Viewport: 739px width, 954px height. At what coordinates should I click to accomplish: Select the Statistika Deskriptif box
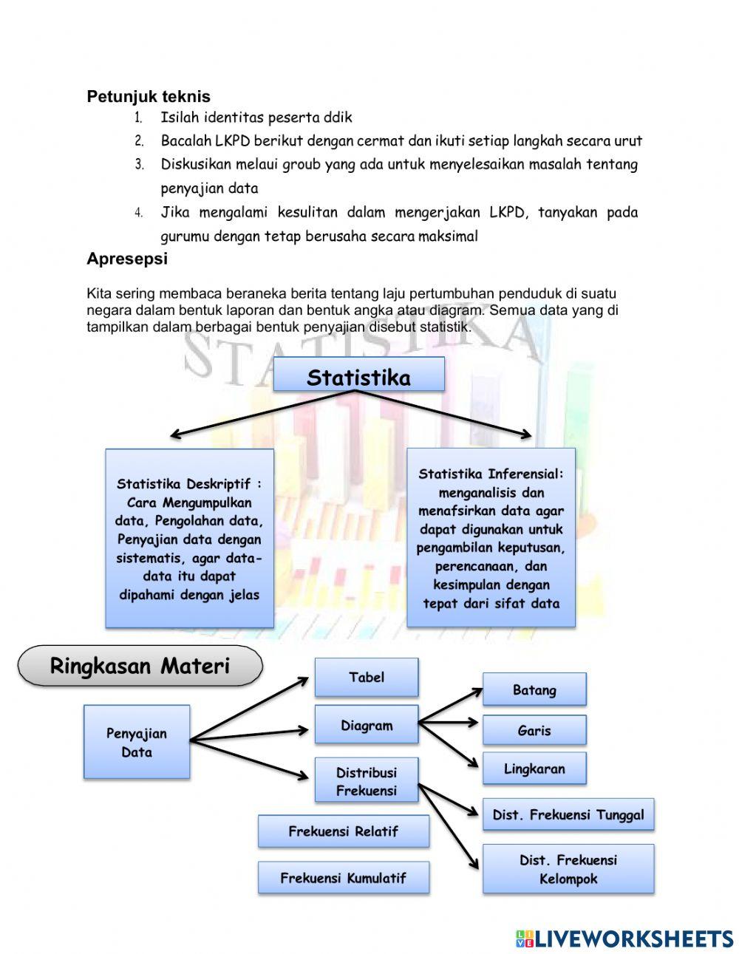click(189, 539)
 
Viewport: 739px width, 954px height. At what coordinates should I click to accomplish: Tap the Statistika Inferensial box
click(491, 538)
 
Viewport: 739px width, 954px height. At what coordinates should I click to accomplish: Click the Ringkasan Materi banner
click(140, 666)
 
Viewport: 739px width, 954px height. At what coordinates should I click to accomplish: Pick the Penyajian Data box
click(137, 742)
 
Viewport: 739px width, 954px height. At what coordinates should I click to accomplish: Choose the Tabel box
click(367, 677)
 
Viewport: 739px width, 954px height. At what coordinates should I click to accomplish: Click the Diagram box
click(367, 725)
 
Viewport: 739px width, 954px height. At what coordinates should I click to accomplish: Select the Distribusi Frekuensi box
click(367, 780)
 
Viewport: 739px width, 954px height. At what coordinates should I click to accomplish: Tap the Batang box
click(534, 689)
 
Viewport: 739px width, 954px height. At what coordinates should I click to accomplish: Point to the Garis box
click(534, 730)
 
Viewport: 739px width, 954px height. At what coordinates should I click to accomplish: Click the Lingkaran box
click(534, 769)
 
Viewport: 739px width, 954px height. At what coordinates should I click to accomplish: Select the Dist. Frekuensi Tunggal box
click(568, 814)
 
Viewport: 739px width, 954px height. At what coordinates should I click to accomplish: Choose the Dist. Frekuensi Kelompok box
click(568, 869)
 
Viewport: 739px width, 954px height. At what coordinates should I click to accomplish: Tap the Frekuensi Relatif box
click(344, 831)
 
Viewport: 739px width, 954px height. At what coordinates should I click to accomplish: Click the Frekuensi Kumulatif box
click(344, 878)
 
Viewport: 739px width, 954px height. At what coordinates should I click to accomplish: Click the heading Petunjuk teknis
click(149, 96)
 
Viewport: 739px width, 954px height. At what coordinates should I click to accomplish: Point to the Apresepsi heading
click(127, 259)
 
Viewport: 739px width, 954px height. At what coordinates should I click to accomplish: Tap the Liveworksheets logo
click(624, 938)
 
